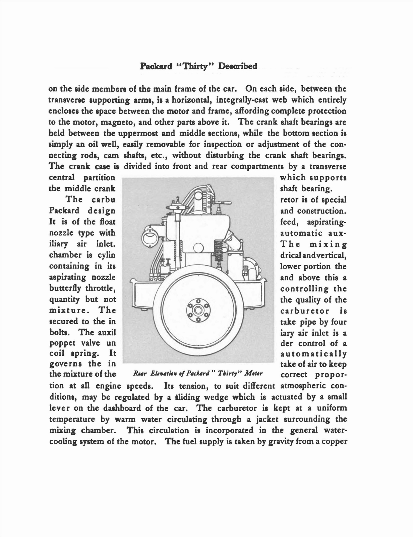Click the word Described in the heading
point(238,66)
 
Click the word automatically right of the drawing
point(313,354)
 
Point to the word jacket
point(268,419)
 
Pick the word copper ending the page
point(334,441)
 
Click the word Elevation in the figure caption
point(166,374)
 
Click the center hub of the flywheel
point(199,309)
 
